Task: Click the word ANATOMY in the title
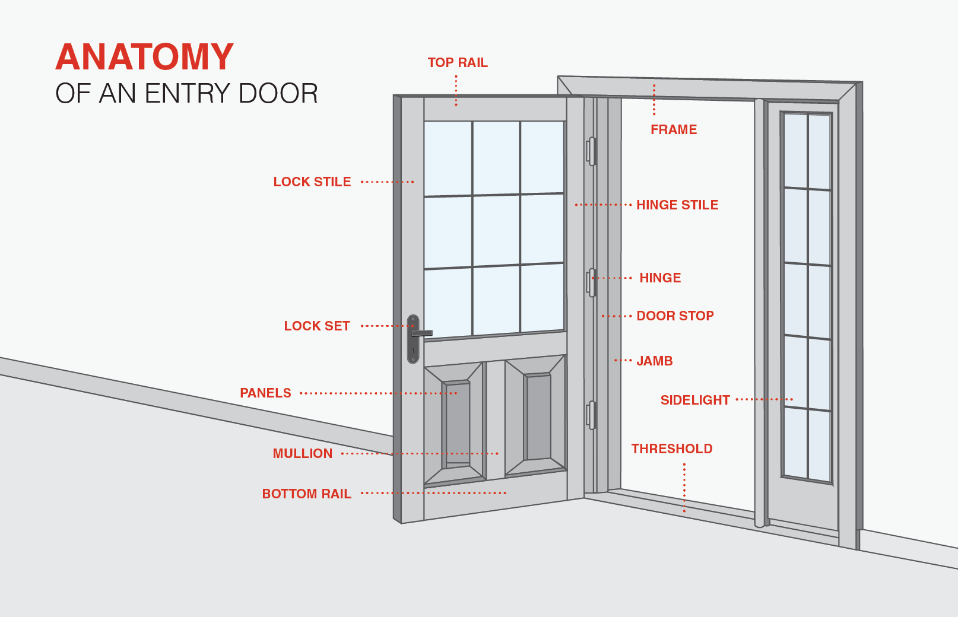145,57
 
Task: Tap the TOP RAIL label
458,63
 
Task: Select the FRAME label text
674,129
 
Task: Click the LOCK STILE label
312,182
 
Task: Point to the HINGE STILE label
677,205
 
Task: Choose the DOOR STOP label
675,316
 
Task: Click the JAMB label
655,361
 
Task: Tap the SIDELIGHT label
695,400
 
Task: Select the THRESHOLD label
672,449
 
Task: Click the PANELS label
265,393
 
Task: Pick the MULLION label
303,454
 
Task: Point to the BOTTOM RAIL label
307,494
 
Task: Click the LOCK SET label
317,326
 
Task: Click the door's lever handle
422,333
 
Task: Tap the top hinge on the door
591,151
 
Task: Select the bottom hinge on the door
591,415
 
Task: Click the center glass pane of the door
496,231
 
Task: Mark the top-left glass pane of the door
448,158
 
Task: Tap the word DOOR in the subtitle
278,94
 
